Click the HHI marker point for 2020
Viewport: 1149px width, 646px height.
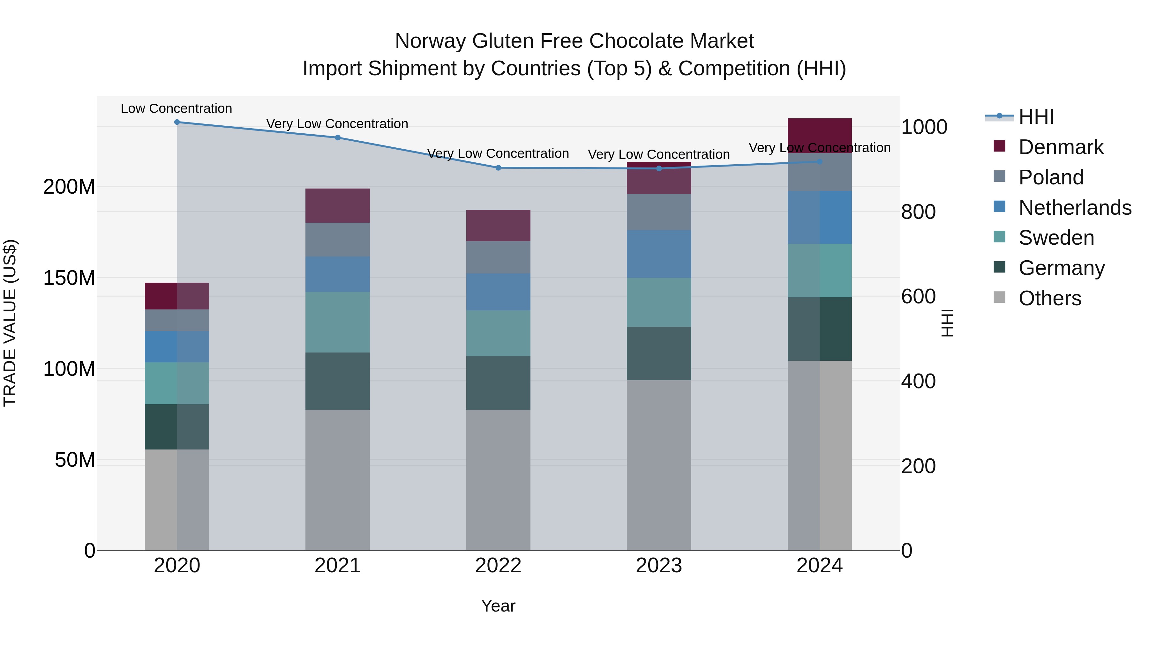(177, 122)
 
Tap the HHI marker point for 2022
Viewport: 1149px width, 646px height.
(498, 167)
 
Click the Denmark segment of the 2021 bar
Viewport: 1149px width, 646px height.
(337, 205)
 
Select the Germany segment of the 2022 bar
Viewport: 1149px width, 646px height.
(498, 382)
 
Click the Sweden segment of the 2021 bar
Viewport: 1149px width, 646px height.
(337, 322)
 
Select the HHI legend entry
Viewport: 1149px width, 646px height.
(1036, 117)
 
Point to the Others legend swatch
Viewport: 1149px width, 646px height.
(1000, 297)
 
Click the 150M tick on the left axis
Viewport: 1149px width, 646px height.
(69, 278)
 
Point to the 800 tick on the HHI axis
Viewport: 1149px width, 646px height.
(918, 212)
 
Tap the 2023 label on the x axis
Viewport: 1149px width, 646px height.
(658, 566)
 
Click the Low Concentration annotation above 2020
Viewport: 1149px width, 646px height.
(176, 108)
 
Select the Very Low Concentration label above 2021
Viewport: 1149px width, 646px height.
(337, 123)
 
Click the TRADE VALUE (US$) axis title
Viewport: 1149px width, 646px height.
(10, 323)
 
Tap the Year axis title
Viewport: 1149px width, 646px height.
(498, 606)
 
